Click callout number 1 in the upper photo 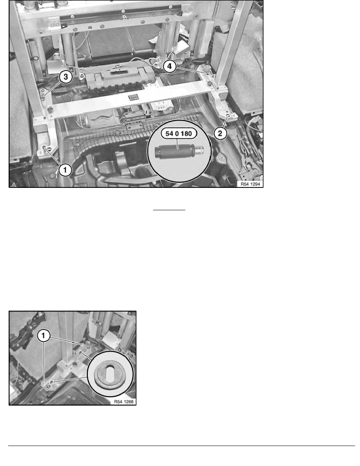tap(65, 169)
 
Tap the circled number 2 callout tap(220, 134)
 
